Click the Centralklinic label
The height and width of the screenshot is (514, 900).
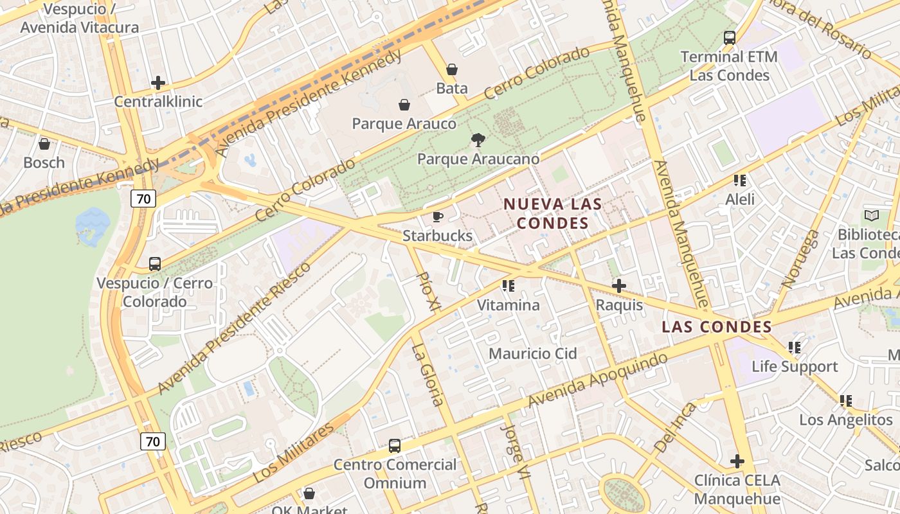coord(158,102)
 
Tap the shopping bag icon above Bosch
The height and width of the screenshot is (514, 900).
coord(44,144)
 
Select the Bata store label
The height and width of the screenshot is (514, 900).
coord(452,88)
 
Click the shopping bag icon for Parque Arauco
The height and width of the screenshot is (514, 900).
coord(404,105)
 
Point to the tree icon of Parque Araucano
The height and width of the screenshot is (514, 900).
coord(478,139)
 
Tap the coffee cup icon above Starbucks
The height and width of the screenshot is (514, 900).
coord(438,217)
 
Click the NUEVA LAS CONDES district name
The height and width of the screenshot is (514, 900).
coord(553,213)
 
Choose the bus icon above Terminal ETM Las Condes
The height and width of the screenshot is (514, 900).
coord(729,38)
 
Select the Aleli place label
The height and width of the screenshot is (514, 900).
coord(740,199)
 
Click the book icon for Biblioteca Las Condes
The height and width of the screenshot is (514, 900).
coord(872,216)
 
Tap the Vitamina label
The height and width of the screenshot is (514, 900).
coord(508,305)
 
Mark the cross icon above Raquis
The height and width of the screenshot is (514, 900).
coord(619,286)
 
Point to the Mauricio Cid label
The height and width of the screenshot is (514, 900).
coord(533,353)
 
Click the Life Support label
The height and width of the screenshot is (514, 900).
coord(795,366)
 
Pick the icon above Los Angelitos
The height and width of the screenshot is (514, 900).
coord(846,401)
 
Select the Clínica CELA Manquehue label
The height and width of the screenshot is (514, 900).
coord(737,490)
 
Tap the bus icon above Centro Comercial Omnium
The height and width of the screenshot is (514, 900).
coord(395,445)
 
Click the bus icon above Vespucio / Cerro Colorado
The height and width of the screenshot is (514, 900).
coord(155,264)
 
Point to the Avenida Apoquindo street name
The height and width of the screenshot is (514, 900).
coord(598,380)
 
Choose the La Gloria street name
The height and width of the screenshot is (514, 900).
coord(428,375)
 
